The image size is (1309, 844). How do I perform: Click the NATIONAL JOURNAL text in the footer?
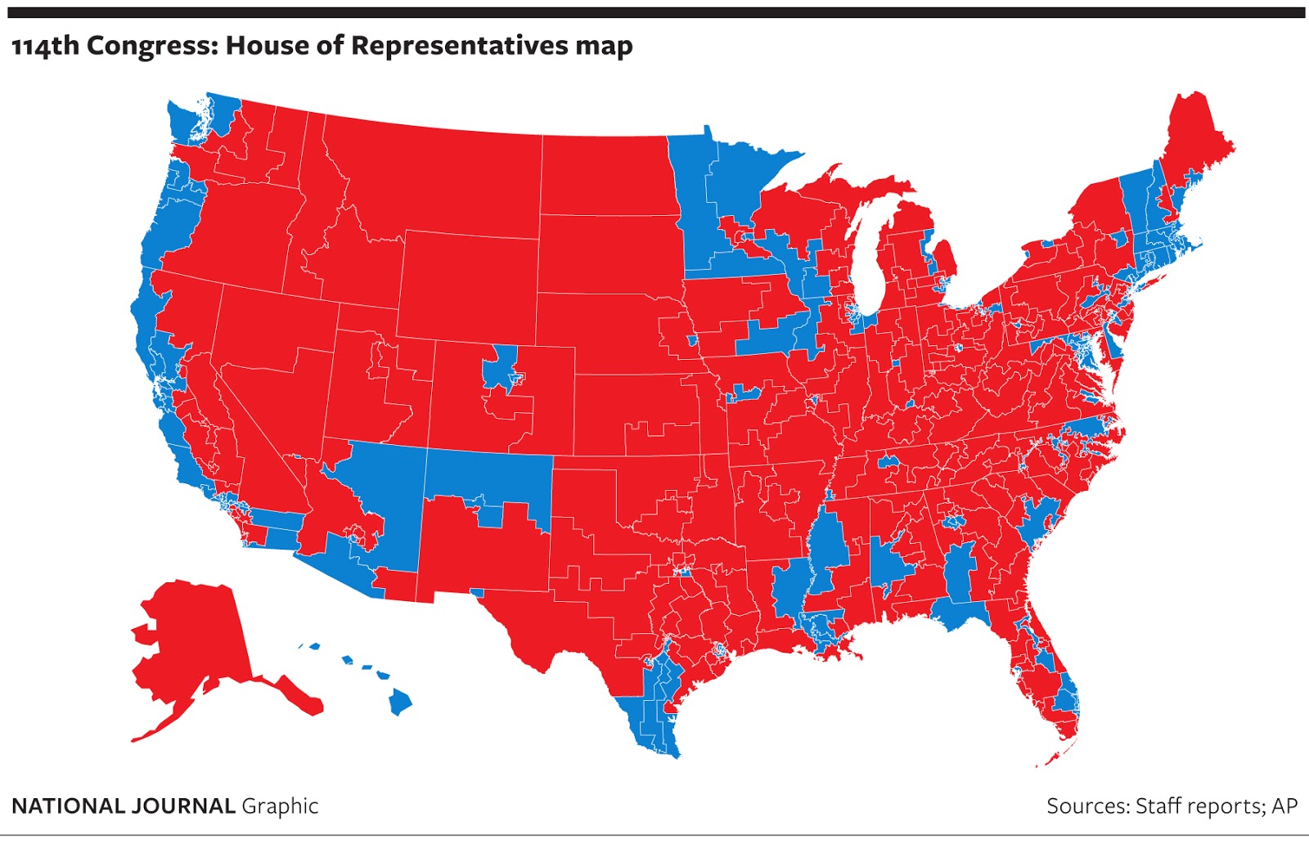(124, 806)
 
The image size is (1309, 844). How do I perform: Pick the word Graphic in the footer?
(280, 806)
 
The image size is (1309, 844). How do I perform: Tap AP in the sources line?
(1284, 806)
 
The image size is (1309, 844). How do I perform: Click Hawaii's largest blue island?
(400, 701)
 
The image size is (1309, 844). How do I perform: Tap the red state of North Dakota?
(605, 176)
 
